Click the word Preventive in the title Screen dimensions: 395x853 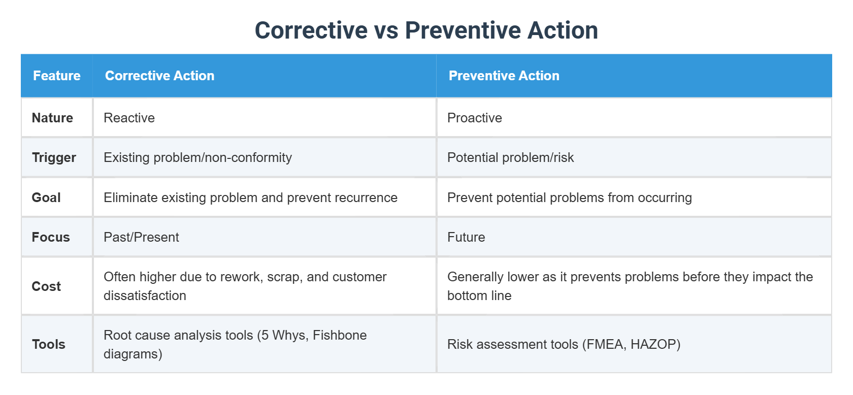point(463,30)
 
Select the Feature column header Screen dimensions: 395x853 point(56,76)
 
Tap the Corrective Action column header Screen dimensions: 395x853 point(159,76)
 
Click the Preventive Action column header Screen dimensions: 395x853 point(504,76)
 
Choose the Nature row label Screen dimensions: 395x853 point(52,118)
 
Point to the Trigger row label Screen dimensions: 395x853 point(54,157)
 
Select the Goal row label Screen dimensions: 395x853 point(46,197)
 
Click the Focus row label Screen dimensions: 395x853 point(51,237)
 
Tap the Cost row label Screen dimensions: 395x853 point(46,286)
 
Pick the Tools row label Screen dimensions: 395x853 point(49,344)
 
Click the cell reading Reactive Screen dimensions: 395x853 point(129,118)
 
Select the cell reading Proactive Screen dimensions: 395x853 point(474,118)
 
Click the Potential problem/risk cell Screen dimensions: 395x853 point(510,157)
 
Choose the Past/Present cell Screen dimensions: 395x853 point(141,237)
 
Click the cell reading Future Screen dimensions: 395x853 point(466,237)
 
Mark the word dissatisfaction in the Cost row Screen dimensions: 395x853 point(145,295)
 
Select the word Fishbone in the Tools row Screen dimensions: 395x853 point(339,335)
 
